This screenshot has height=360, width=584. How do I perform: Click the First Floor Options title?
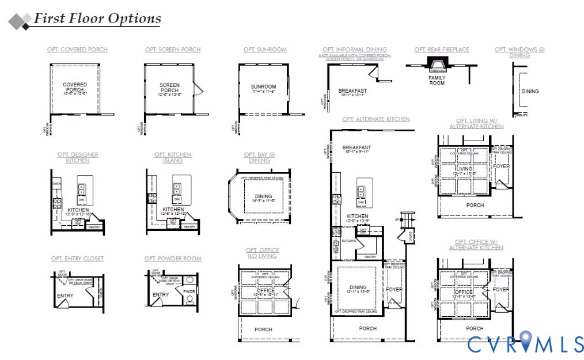97,18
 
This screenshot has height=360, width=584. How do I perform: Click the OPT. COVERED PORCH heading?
77,50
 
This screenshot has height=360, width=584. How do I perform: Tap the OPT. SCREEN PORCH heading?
173,50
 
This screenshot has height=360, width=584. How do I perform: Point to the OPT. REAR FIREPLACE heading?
441,50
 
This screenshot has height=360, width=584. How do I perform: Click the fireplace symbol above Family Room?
437,63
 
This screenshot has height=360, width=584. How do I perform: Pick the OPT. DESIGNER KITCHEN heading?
78,157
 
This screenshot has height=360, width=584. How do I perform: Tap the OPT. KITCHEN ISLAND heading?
173,157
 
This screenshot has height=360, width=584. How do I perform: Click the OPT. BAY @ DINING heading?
259,157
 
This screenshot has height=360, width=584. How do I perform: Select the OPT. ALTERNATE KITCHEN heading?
376,119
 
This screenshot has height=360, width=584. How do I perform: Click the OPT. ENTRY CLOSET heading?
77,259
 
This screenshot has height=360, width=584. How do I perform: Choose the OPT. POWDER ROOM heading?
173,259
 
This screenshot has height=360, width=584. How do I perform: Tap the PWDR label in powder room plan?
189,291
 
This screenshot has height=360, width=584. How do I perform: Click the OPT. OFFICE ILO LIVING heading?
262,253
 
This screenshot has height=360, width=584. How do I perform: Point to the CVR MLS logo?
525,343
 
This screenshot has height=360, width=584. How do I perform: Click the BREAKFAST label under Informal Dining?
352,91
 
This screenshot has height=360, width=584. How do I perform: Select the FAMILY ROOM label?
437,80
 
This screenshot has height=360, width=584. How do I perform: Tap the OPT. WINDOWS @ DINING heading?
519,52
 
